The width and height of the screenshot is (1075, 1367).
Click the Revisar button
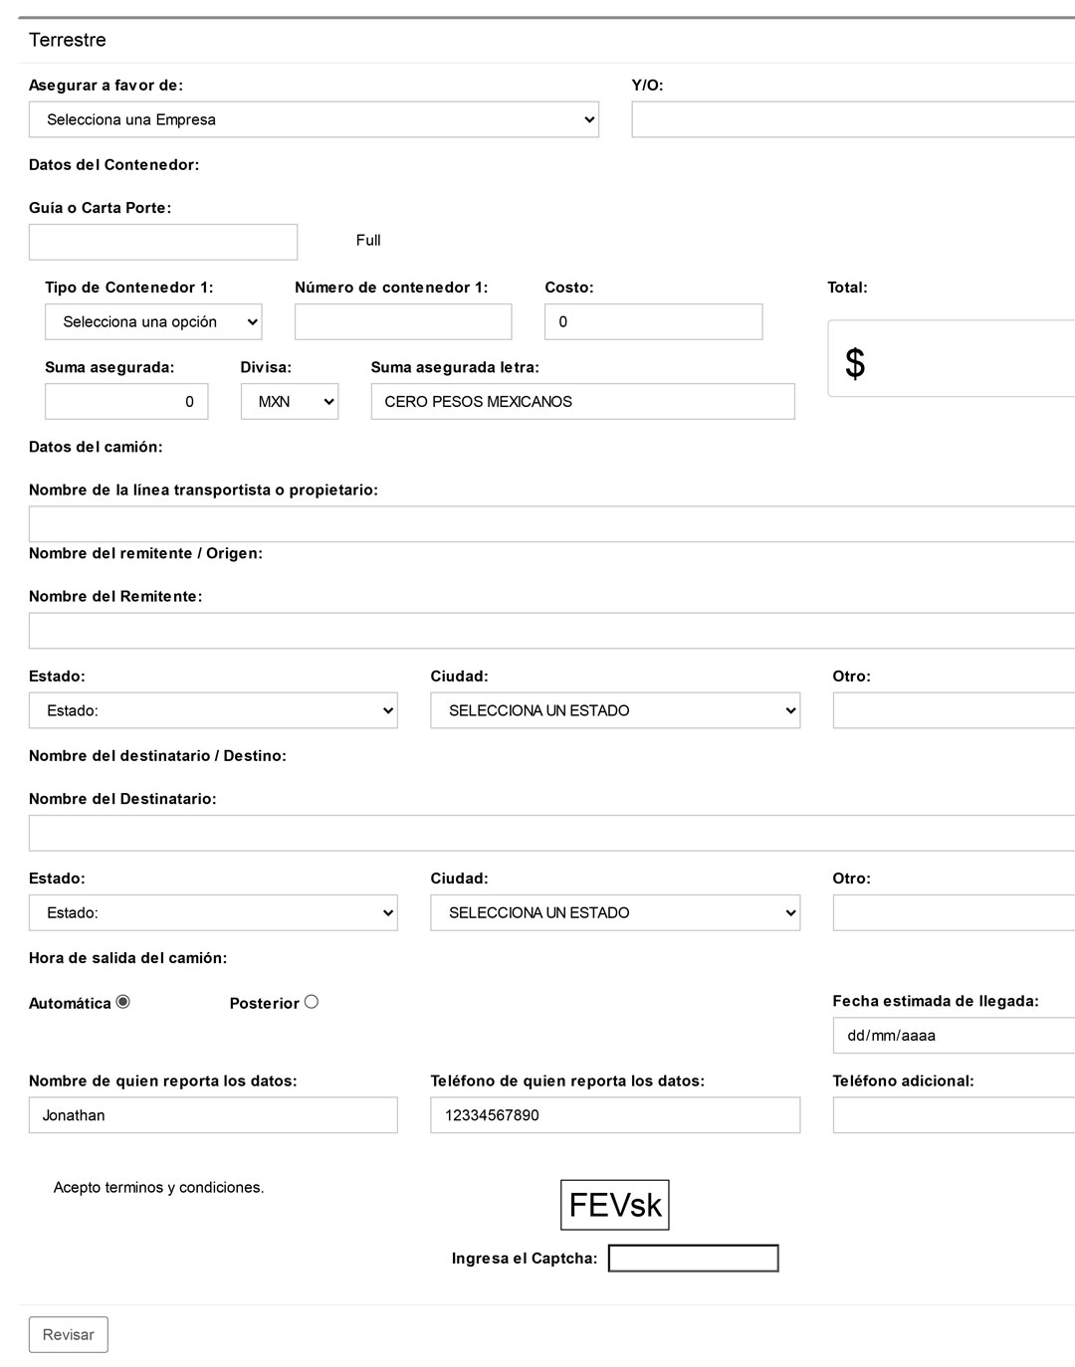68,1335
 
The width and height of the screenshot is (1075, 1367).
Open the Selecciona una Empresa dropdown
314,119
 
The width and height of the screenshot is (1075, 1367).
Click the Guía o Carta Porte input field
163,242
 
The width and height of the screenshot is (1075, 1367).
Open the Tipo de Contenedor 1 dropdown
153,322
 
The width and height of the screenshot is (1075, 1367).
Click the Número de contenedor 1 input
403,322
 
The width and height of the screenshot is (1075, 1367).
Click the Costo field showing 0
653,322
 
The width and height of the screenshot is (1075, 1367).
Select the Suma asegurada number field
126,402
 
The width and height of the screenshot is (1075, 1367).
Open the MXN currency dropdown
290,402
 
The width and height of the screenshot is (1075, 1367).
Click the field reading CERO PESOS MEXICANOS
582,402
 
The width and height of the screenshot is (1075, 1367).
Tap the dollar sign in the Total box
855,363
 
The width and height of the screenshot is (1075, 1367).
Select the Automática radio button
123,1002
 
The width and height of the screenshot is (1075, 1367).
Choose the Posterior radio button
312,1002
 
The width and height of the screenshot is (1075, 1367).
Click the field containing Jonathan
213,1115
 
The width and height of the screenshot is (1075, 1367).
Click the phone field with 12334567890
615,1115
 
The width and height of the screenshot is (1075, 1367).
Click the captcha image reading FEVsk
615,1205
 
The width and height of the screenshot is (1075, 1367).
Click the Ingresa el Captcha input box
693,1259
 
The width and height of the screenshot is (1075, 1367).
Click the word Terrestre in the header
68,40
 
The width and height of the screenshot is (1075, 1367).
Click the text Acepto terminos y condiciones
159,1187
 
